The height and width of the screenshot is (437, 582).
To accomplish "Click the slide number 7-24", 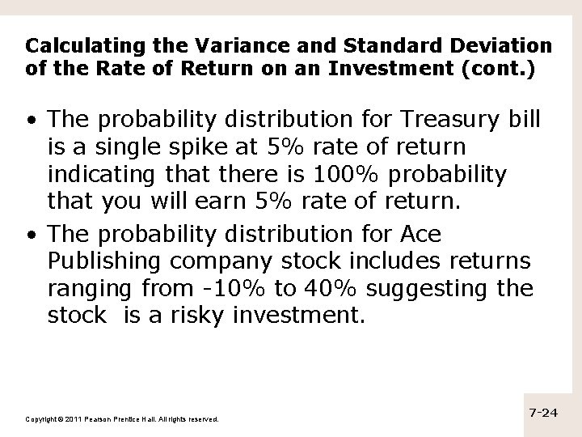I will tap(543, 413).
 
